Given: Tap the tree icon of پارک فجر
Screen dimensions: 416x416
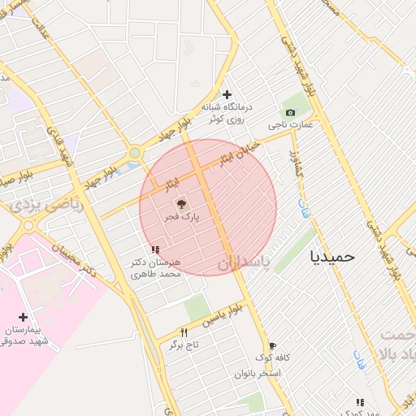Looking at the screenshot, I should [180, 204].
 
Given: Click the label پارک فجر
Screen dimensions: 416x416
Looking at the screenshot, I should [184, 218].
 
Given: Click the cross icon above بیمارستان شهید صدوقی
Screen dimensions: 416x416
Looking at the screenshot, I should [22, 317].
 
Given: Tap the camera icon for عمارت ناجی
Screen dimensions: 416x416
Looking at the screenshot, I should [290, 112].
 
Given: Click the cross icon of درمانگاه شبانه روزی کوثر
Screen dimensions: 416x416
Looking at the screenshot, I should [227, 94].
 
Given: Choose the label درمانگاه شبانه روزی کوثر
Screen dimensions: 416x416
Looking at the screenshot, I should [230, 113].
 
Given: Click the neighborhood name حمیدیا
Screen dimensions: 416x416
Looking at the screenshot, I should [332, 256].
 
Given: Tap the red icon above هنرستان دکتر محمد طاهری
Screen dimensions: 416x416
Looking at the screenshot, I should [154, 249].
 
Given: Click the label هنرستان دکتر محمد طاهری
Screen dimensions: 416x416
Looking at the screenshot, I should [157, 268].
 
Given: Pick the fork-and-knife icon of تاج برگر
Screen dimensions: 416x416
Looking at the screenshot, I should [184, 331].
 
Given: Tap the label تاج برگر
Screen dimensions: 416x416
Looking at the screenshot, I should [184, 344].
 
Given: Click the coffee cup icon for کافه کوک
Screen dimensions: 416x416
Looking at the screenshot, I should [272, 345].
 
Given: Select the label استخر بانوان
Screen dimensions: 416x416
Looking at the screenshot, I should [258, 373].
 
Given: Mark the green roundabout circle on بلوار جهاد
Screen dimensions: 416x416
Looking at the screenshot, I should [134, 153].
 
